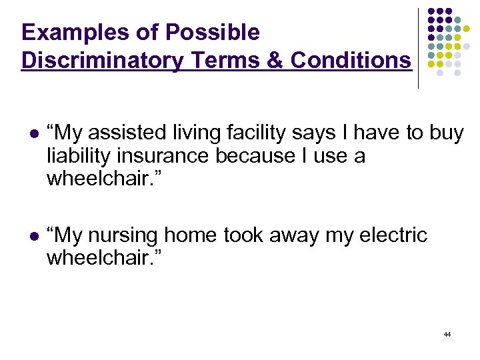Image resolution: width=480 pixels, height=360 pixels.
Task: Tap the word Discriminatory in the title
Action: [x=102, y=60]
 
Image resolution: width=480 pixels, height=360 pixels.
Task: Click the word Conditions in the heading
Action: [x=351, y=60]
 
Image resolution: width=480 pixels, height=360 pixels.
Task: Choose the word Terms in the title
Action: [x=225, y=60]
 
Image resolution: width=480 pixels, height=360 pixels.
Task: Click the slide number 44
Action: [x=447, y=334]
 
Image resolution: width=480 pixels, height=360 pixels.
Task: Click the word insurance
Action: [x=166, y=156]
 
